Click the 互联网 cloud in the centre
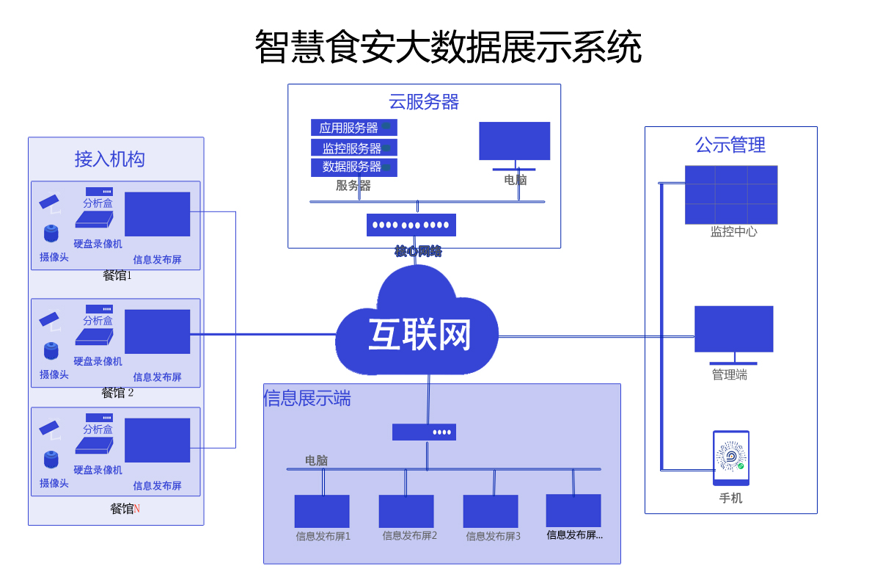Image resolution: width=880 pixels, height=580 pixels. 418,330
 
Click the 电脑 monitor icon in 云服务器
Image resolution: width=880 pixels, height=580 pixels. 514,141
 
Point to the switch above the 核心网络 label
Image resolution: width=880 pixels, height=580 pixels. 411,225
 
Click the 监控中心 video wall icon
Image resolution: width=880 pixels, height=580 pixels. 730,195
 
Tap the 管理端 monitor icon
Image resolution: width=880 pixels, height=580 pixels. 733,330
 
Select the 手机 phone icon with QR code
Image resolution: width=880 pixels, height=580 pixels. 731,457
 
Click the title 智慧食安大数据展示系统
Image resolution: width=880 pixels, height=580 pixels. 447,47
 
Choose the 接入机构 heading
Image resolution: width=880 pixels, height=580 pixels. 109,159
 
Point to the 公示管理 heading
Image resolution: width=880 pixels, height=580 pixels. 730,145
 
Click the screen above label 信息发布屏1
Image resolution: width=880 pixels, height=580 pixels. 321,511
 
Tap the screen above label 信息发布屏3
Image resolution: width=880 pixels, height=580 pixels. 490,511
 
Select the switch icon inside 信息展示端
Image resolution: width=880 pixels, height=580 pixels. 424,432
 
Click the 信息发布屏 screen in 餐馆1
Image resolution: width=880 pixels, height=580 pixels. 157,214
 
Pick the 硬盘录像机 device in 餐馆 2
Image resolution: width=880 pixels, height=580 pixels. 94,337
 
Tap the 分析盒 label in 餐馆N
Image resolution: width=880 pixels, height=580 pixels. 98,429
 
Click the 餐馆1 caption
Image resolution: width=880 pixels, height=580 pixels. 117,276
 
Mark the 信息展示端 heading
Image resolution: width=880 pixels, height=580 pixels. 307,398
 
